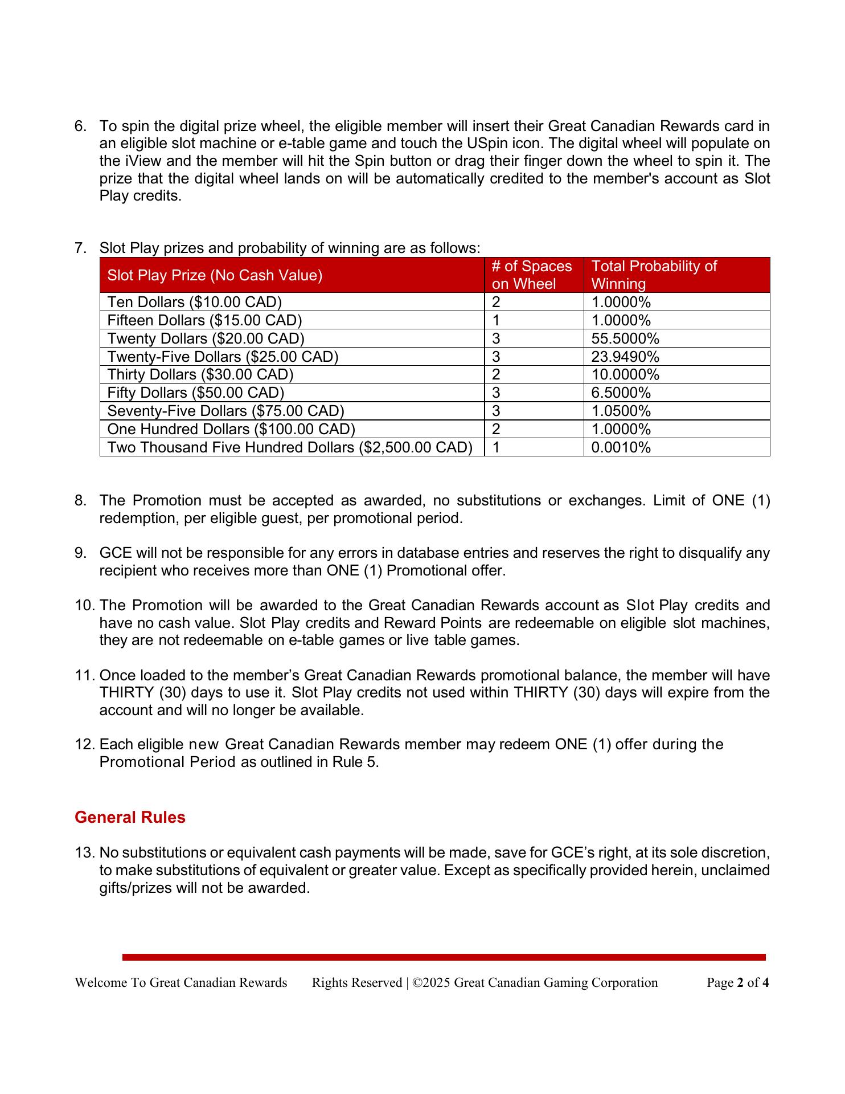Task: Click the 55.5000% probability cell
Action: click(625, 338)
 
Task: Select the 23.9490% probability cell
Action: click(625, 357)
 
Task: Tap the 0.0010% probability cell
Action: click(621, 447)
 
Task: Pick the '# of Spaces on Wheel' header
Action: click(532, 275)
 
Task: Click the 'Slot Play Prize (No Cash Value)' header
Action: click(215, 275)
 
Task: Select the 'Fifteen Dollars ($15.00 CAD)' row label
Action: click(204, 320)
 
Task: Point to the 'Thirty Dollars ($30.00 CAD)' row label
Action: click(200, 374)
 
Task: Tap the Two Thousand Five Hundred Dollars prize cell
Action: click(290, 447)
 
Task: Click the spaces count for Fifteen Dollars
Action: click(496, 320)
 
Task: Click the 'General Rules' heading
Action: click(130, 817)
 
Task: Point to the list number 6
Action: click(81, 126)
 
